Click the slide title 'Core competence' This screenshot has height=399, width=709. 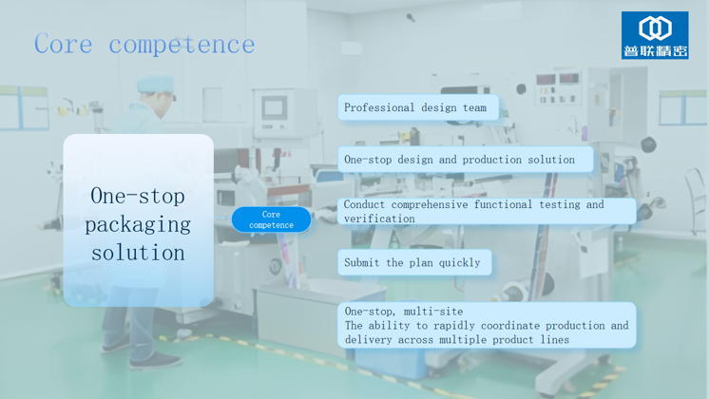pyautogui.click(x=144, y=45)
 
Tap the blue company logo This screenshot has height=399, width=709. pyautogui.click(x=655, y=35)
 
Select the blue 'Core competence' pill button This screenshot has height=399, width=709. pyautogui.click(x=271, y=219)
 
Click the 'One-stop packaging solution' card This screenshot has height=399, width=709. pyautogui.click(x=139, y=220)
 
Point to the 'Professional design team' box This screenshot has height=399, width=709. pyautogui.click(x=418, y=107)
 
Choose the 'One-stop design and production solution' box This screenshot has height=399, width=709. pyautogui.click(x=466, y=160)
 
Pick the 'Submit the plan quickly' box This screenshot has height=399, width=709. pyautogui.click(x=414, y=262)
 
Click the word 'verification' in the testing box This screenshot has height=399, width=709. pyautogui.click(x=379, y=218)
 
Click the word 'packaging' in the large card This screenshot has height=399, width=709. pyautogui.click(x=138, y=224)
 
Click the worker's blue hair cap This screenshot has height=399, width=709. pyautogui.click(x=156, y=84)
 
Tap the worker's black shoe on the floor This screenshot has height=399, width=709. pyautogui.click(x=155, y=360)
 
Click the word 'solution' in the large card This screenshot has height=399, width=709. pyautogui.click(x=138, y=253)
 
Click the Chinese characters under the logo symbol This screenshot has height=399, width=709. pyautogui.click(x=655, y=50)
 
